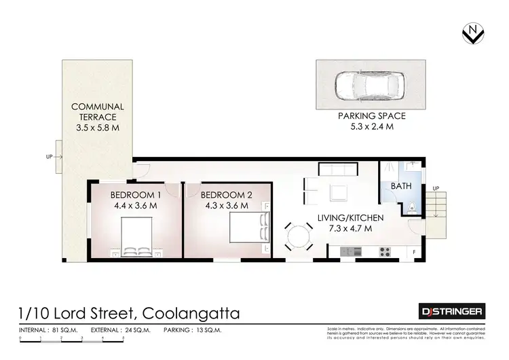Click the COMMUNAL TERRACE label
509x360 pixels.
pyautogui.click(x=98, y=112)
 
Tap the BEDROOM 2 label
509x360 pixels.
pyautogui.click(x=227, y=195)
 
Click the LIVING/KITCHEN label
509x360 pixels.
pyautogui.click(x=351, y=218)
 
